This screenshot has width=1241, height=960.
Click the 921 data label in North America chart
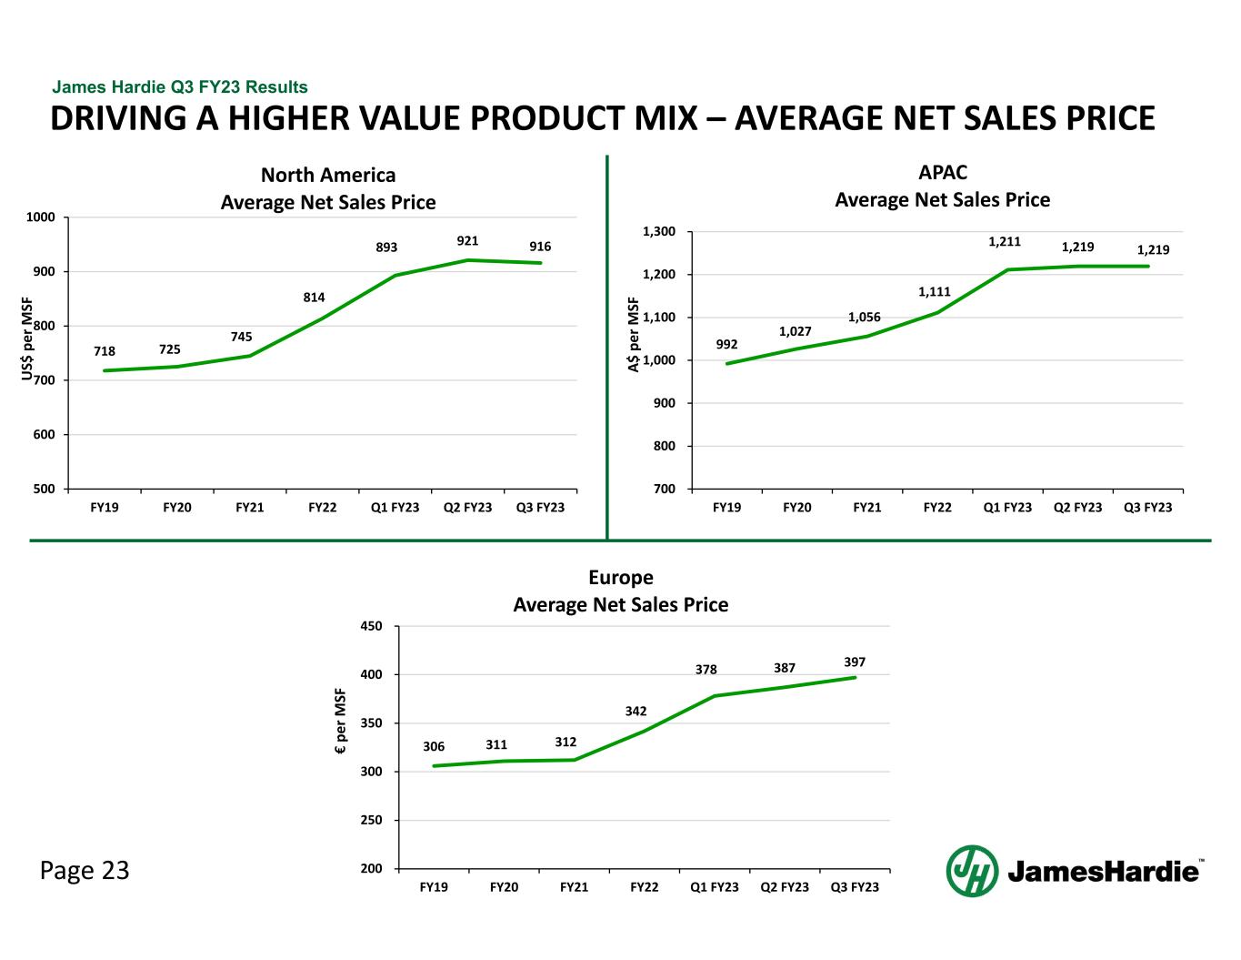(x=467, y=240)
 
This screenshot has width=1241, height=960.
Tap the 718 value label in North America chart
(x=105, y=350)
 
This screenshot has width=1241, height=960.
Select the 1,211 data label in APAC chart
(x=1005, y=242)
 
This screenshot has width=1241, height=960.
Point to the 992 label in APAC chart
(x=726, y=344)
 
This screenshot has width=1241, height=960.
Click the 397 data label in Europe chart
(x=854, y=661)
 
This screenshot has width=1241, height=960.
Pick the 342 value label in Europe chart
(x=636, y=710)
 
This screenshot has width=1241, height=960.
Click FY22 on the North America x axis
(x=322, y=507)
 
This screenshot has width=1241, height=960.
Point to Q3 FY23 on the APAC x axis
(x=1147, y=507)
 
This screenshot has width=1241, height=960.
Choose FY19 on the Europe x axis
(x=434, y=886)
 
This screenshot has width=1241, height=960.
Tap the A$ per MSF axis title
(x=634, y=335)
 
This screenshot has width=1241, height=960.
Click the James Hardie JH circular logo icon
(x=972, y=870)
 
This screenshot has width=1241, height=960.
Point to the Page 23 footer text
(x=85, y=871)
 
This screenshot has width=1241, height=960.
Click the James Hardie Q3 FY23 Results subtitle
(x=180, y=87)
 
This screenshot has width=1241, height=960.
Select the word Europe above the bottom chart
(x=620, y=577)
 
